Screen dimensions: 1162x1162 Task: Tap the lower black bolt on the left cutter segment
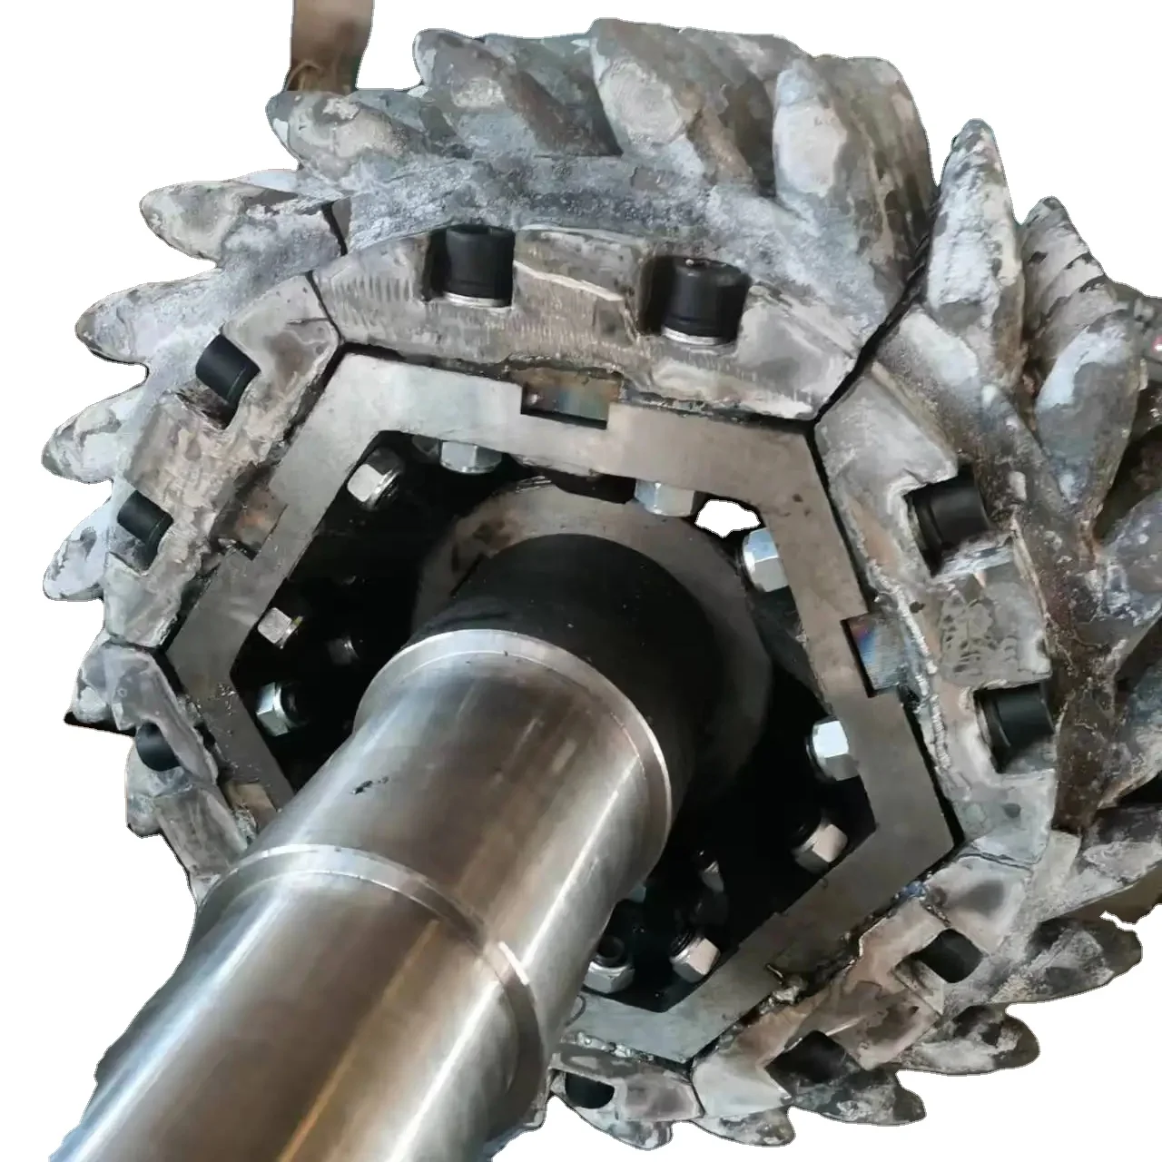(145, 518)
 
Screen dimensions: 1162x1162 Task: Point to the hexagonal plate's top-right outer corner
(811, 423)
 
